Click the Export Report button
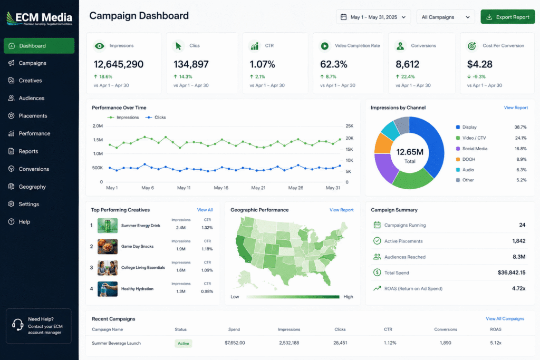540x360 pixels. tap(508, 17)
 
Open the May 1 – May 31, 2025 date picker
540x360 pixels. tap(373, 17)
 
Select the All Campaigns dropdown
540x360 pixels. tap(446, 17)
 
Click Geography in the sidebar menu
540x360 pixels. tap(32, 187)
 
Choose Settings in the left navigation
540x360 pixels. tap(28, 204)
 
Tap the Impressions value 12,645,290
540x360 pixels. tap(119, 64)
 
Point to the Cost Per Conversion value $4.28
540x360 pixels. tap(480, 64)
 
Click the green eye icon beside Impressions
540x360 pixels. tap(100, 46)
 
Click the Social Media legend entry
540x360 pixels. tap(475, 149)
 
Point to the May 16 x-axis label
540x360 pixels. tap(221, 188)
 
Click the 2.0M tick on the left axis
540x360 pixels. tap(98, 126)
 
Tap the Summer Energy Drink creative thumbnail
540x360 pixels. tap(108, 226)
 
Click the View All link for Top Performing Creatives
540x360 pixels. tap(205, 210)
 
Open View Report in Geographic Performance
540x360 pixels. tap(342, 210)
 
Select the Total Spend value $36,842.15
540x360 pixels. tap(512, 273)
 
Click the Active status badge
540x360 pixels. tap(184, 344)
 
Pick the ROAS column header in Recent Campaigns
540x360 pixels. tap(496, 329)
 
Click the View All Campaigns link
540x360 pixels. tap(505, 319)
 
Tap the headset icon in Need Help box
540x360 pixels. tap(17, 325)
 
